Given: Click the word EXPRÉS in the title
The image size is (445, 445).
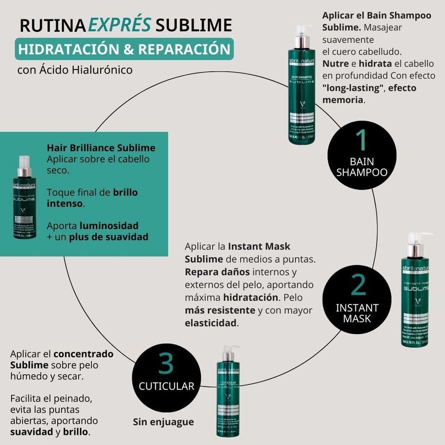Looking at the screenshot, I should (127, 25).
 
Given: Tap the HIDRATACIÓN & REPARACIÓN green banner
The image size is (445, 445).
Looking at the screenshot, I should (125, 49).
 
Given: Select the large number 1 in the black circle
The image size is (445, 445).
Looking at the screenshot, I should (361, 140).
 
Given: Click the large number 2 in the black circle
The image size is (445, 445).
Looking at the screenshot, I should (359, 285).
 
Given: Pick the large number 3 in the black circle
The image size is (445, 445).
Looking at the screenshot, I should (166, 363).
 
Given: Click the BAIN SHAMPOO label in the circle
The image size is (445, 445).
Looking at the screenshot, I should (361, 167).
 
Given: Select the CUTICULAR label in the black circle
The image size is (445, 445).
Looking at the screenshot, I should (167, 385).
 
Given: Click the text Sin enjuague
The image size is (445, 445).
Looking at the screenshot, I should (164, 422).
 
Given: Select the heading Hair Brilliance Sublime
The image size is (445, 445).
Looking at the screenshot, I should (101, 148).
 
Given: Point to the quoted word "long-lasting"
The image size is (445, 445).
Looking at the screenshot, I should (353, 88).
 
